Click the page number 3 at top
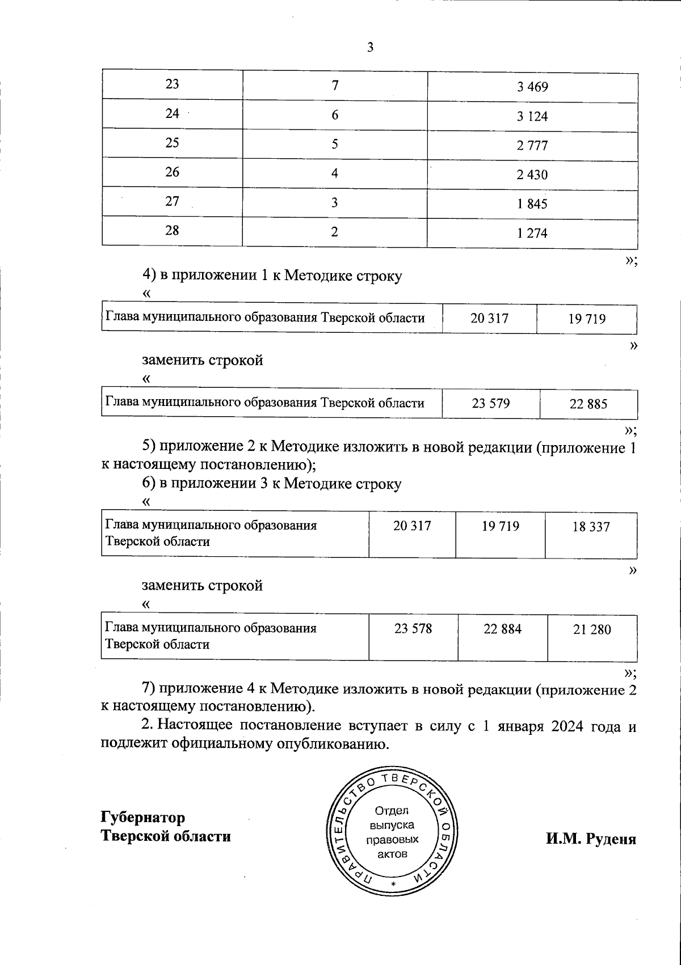[370, 48]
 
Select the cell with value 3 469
[532, 87]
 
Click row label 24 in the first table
[173, 113]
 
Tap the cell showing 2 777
[532, 146]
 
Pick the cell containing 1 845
[532, 204]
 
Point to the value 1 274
[532, 233]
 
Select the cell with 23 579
[491, 404]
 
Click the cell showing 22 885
[588, 404]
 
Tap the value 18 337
[591, 527]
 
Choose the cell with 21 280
[592, 630]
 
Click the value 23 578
[413, 629]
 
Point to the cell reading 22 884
[503, 629]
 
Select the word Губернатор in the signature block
[143, 818]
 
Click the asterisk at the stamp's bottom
[392, 884]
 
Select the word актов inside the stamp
[392, 854]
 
